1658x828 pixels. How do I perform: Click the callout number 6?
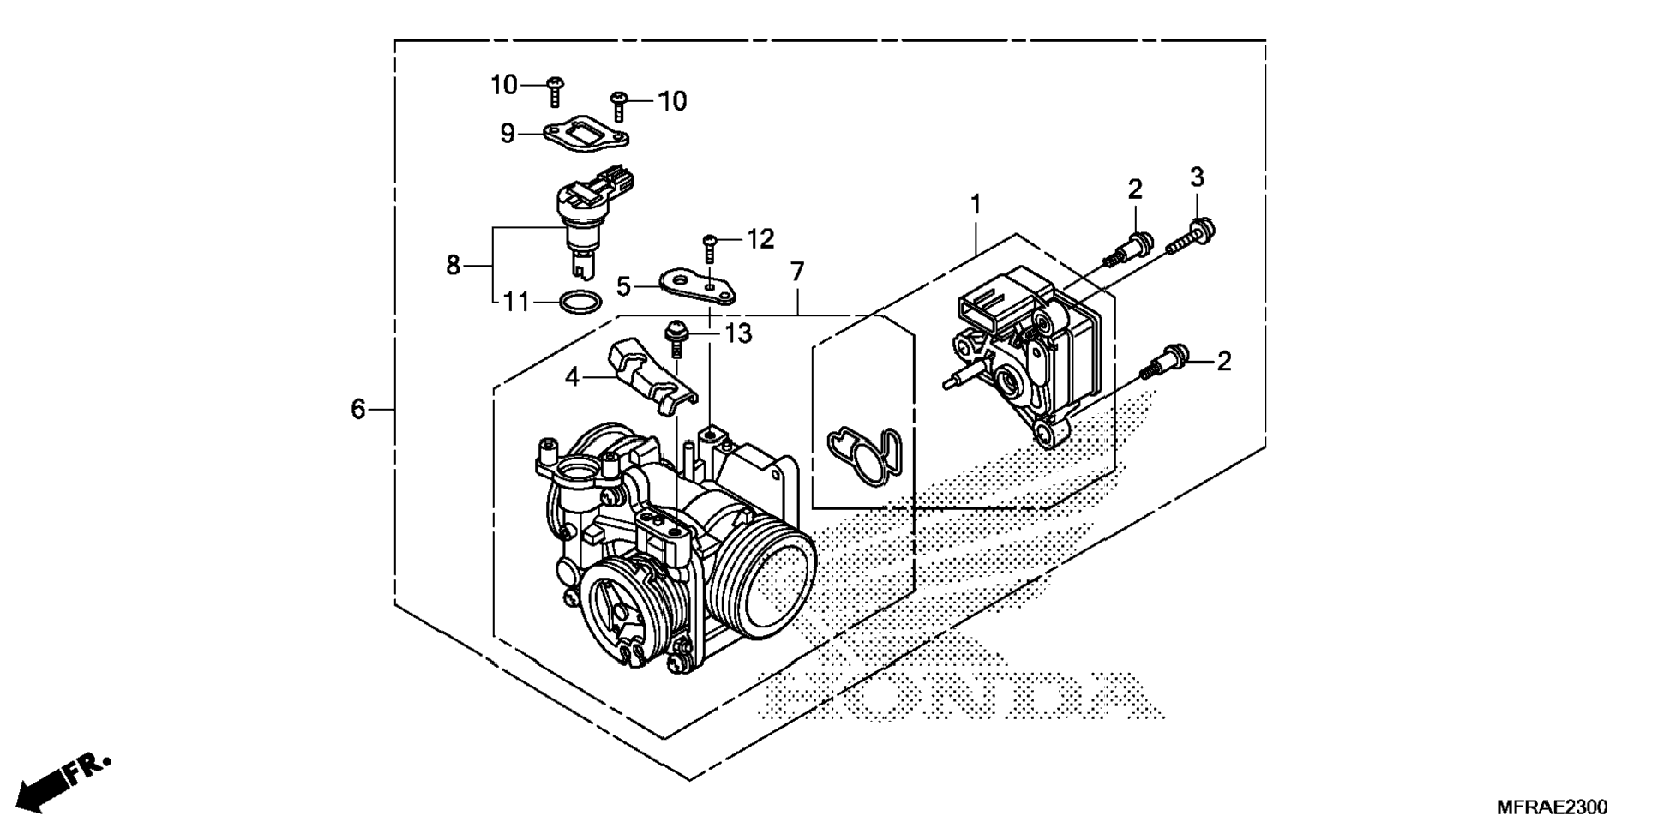[357, 410]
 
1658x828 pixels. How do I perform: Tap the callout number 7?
[797, 273]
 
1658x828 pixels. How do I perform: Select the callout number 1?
[975, 205]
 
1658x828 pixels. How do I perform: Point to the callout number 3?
[1197, 177]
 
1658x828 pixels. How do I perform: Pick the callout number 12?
[760, 239]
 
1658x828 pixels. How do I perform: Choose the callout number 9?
[508, 134]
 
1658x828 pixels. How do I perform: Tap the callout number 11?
[516, 303]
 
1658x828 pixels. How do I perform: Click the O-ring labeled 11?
[580, 302]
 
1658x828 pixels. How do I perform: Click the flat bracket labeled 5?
[697, 285]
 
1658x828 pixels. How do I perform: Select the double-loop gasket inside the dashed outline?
[864, 453]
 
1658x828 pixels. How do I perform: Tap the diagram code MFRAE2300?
[1552, 807]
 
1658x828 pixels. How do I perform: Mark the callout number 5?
[623, 286]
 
